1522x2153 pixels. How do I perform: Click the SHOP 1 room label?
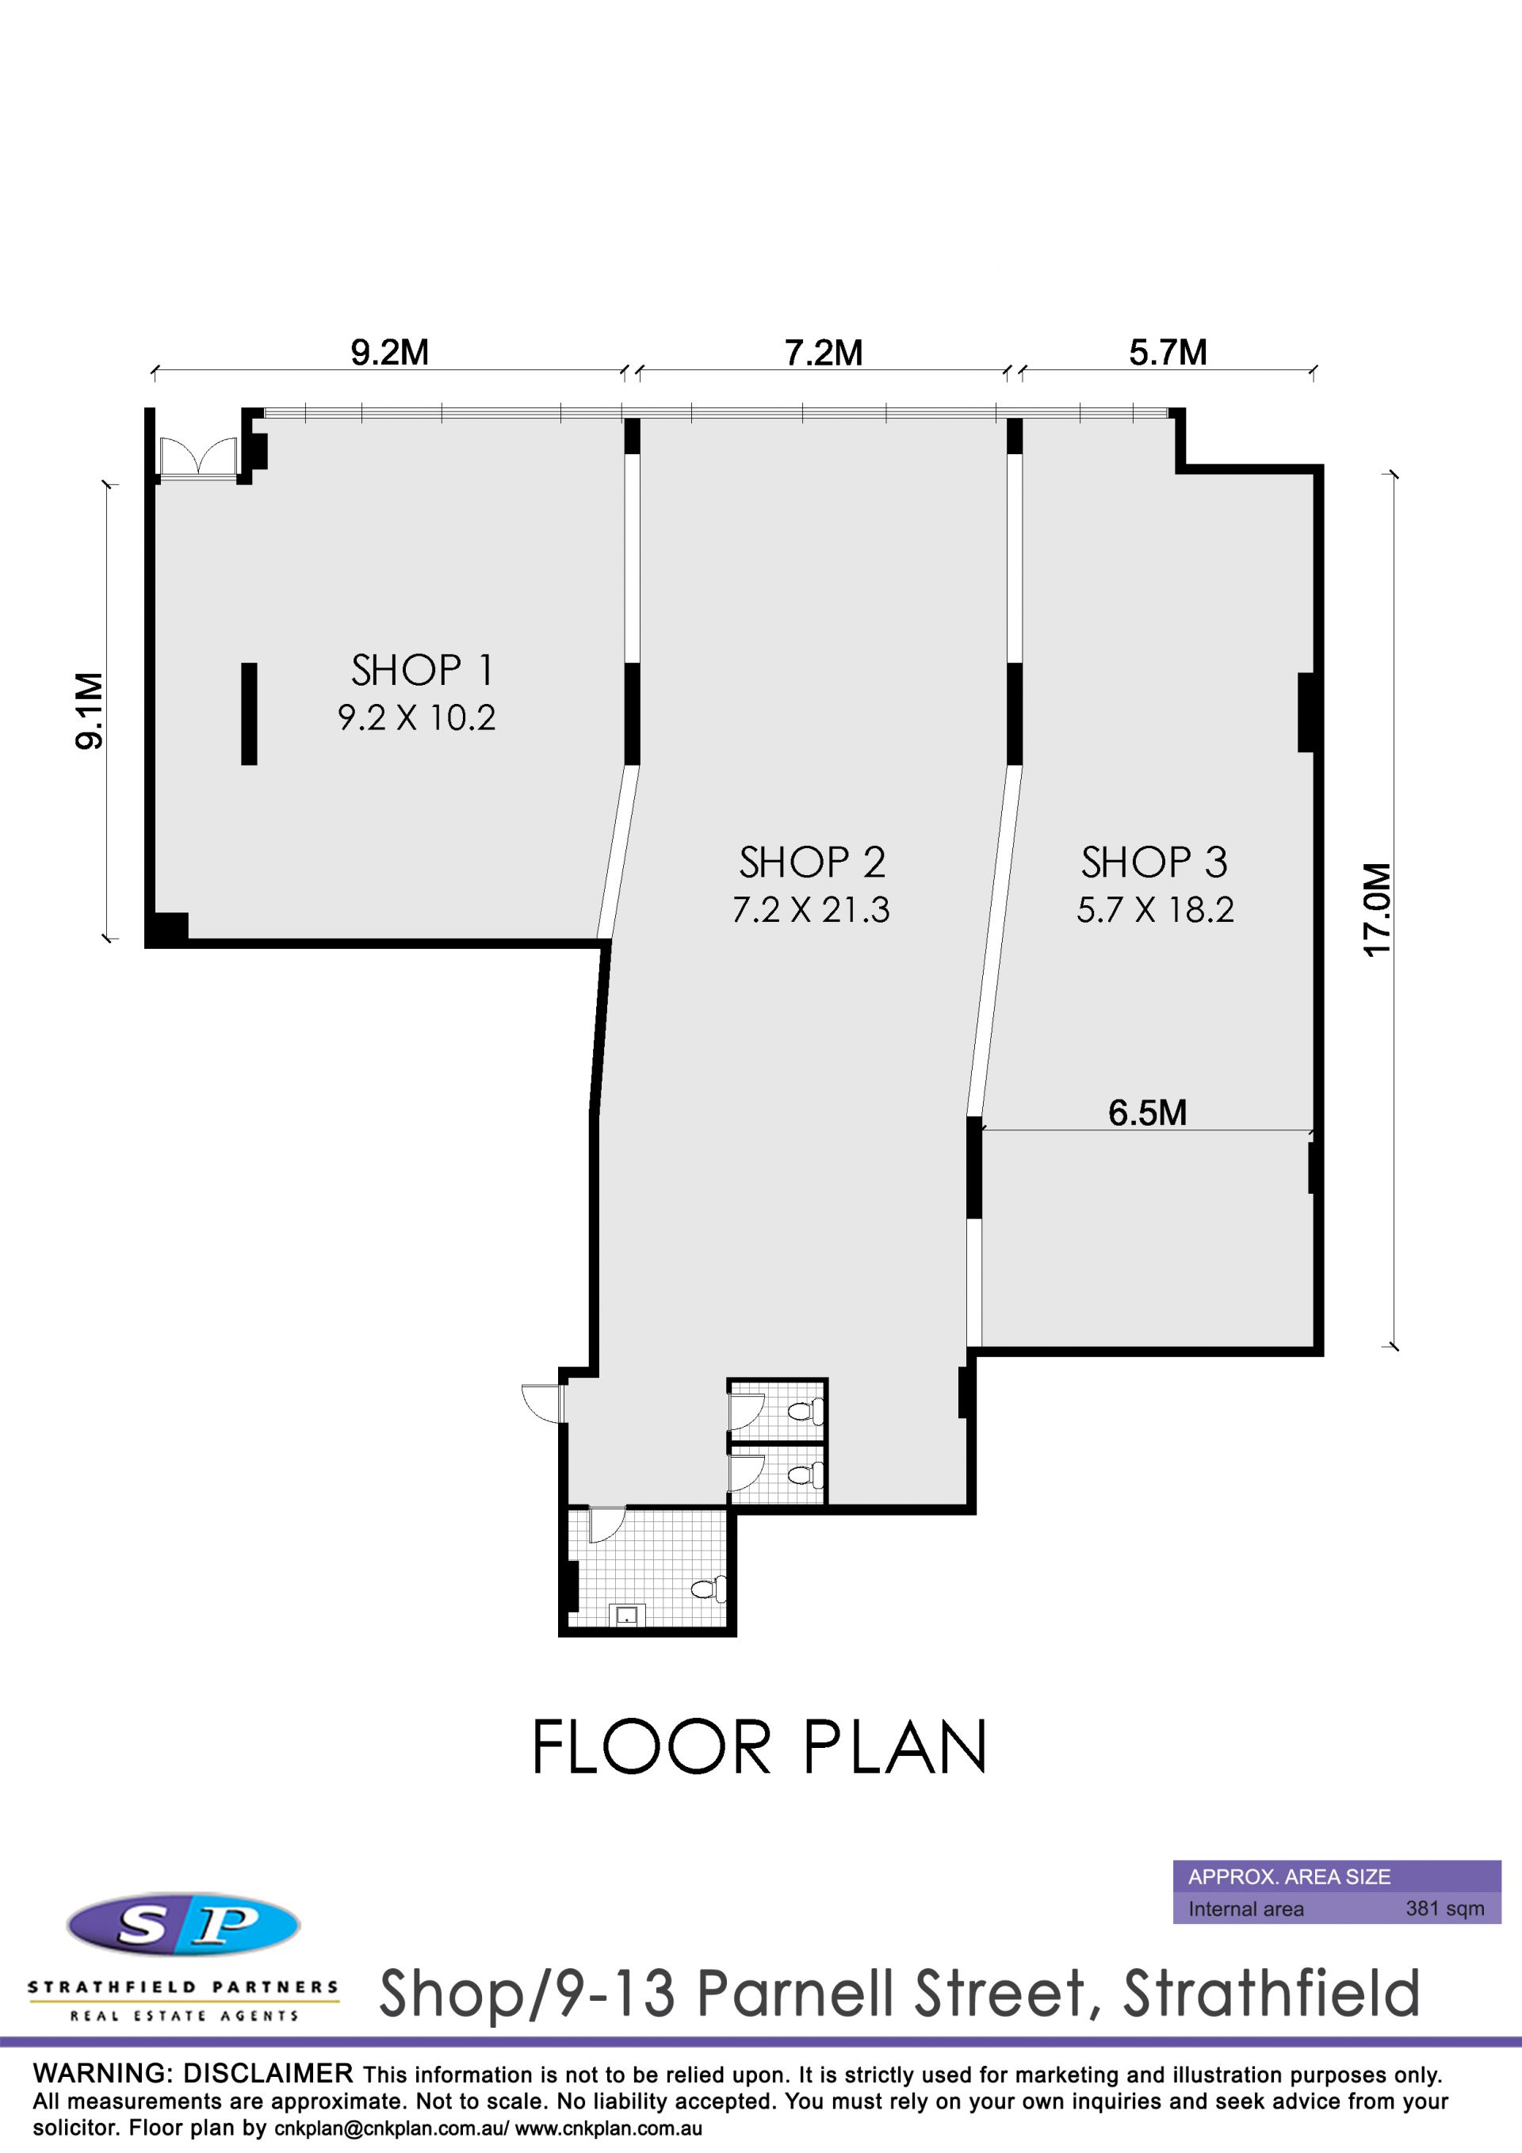tap(422, 671)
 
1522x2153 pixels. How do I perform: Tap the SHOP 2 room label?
tap(812, 862)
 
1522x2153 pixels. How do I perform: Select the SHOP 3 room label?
tap(1154, 862)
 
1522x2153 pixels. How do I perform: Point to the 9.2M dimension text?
tap(390, 353)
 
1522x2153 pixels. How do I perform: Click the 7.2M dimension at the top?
tap(824, 353)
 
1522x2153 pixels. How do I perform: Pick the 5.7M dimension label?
tap(1168, 353)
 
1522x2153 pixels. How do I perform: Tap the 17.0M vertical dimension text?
tap(1377, 909)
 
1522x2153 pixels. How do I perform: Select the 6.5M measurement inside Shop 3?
tap(1148, 1113)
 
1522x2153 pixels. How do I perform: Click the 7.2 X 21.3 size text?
tap(811, 909)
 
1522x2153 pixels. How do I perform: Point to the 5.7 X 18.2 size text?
tap(1155, 909)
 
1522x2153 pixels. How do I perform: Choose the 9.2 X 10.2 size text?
tap(416, 717)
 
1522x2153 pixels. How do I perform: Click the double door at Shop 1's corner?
tap(198, 458)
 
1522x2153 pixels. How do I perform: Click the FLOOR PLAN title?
tap(759, 1747)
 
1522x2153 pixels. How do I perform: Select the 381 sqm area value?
tap(1445, 1908)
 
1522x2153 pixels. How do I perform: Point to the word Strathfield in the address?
tap(1272, 1994)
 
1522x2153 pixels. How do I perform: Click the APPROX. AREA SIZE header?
tap(1290, 1876)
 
